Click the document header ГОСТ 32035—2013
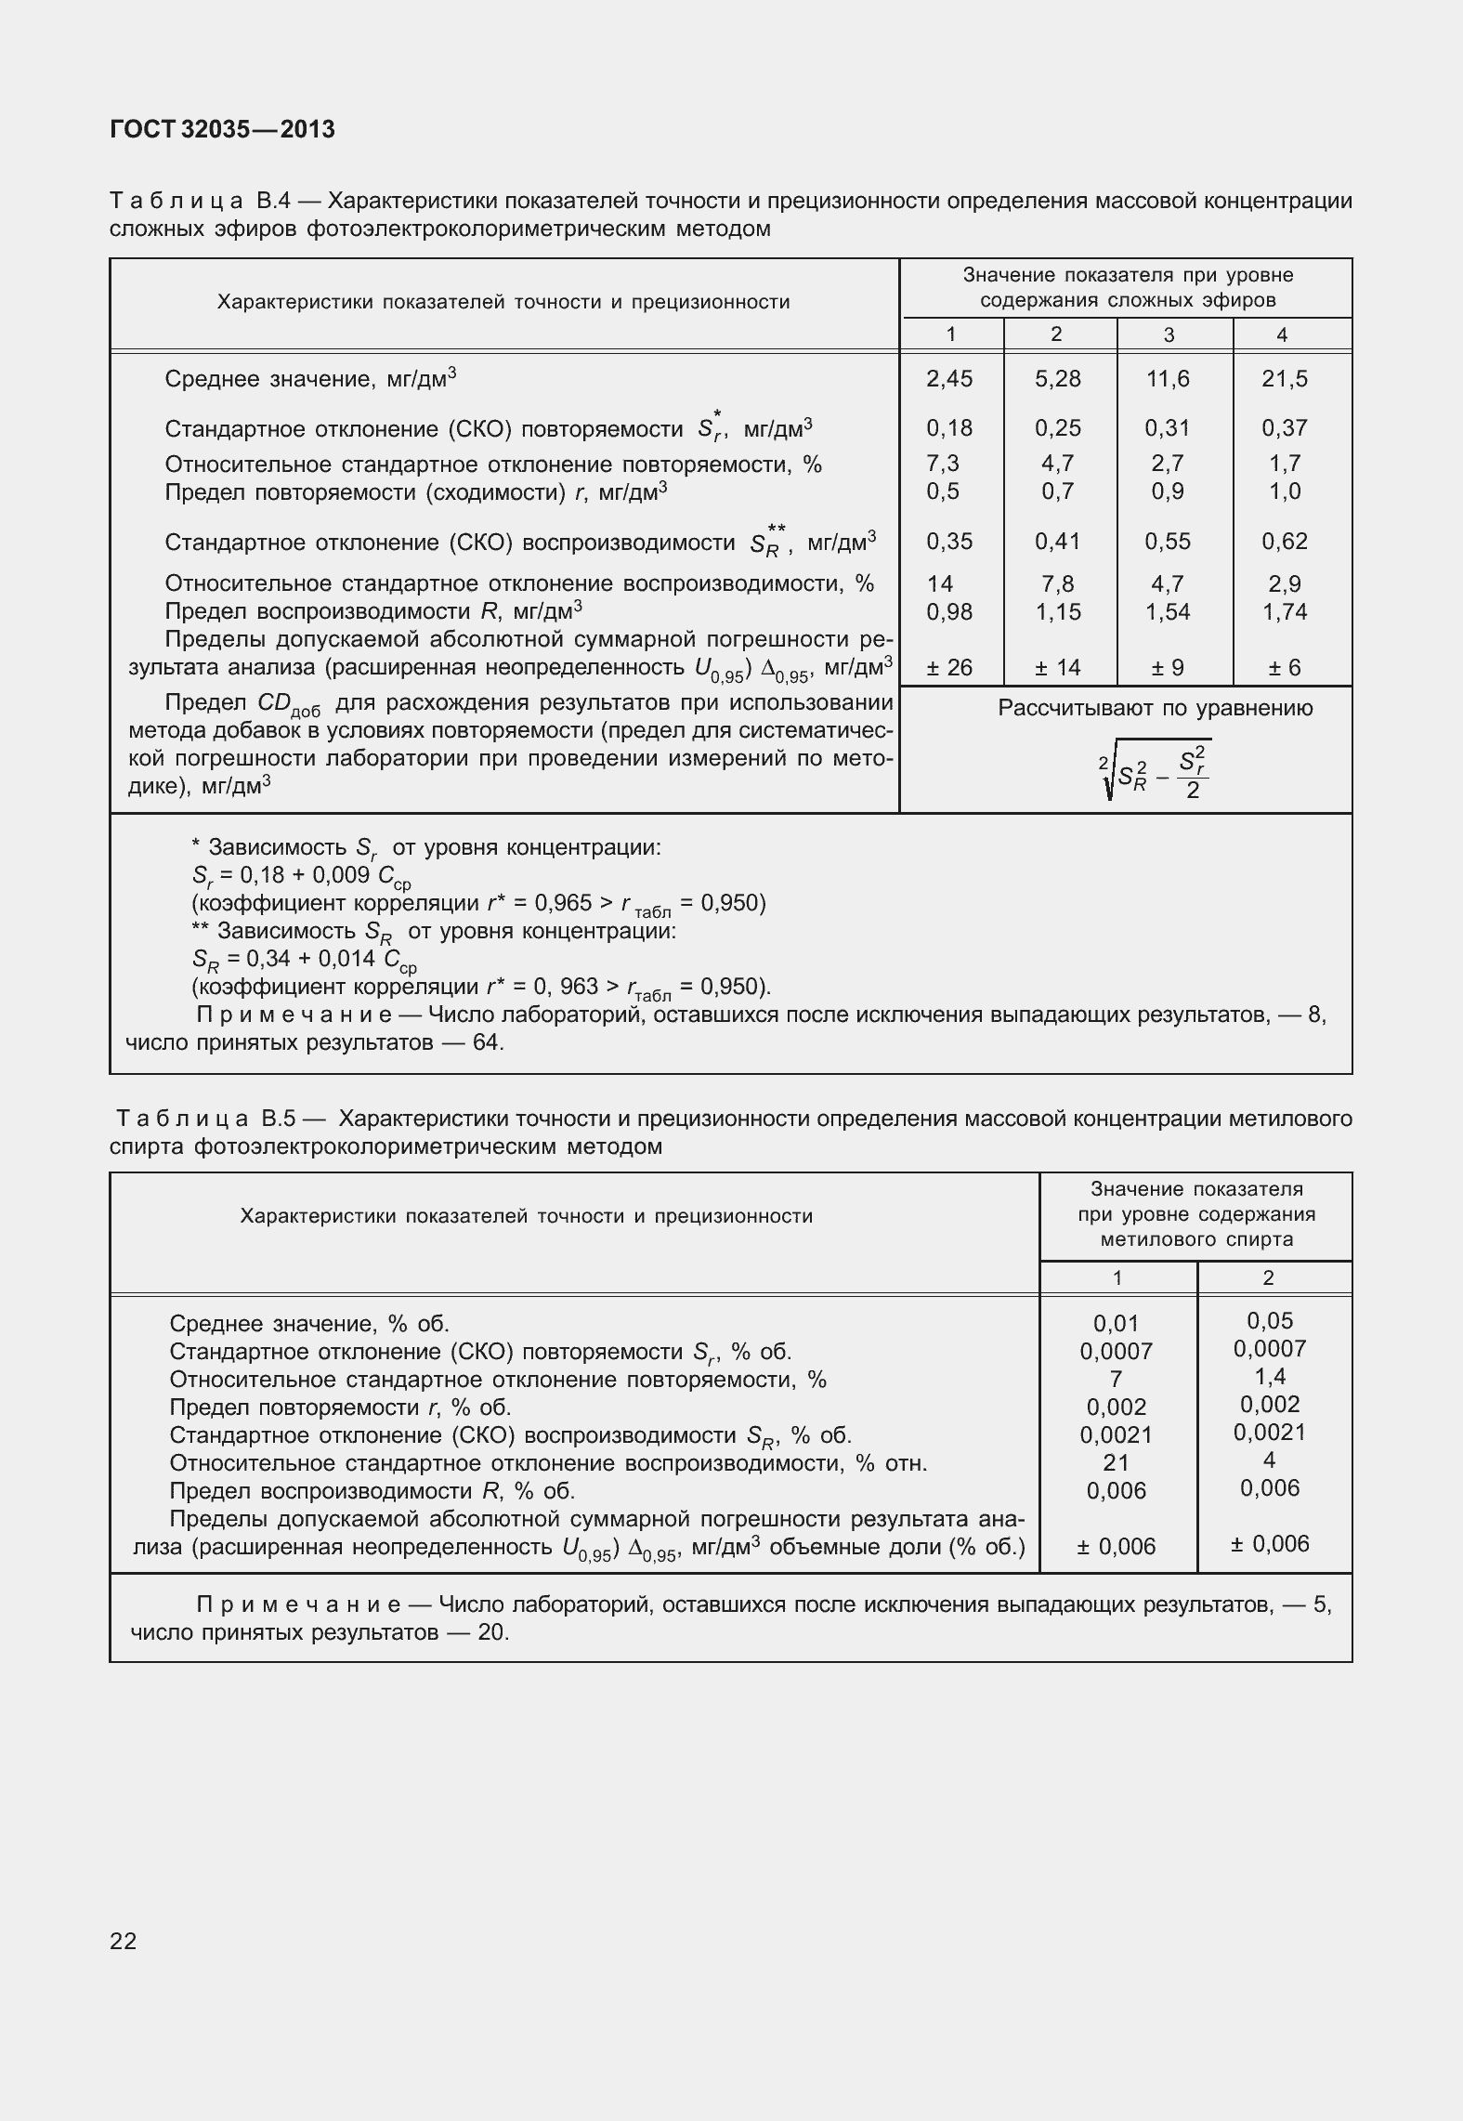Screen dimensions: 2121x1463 222,130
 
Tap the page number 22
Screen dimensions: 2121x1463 123,1941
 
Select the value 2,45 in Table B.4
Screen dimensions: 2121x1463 949,379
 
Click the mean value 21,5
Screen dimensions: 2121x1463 1284,379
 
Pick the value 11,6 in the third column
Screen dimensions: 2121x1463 1168,379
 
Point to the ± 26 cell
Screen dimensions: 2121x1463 949,668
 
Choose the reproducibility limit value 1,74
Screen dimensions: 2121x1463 1284,612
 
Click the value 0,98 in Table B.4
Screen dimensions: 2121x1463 949,612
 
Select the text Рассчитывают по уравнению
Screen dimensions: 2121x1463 1155,709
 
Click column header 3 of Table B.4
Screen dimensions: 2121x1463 1169,335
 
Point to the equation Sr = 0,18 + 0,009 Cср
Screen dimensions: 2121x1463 302,876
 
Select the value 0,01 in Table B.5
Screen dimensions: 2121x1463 1116,1324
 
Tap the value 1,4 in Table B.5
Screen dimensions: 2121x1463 1269,1377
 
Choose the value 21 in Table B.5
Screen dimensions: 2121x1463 1116,1463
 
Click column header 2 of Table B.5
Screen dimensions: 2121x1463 1269,1278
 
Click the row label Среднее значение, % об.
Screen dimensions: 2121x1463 309,1324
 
